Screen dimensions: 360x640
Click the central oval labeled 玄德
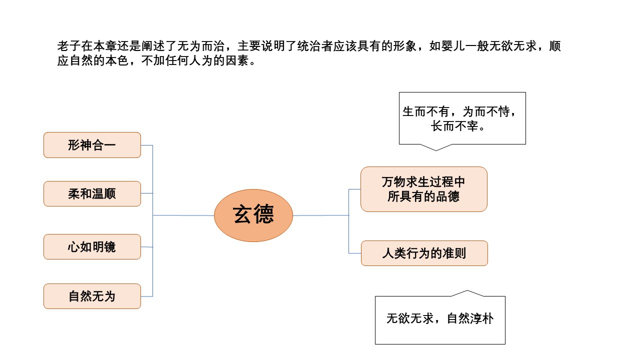(x=253, y=215)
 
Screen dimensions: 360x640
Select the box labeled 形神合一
(x=92, y=145)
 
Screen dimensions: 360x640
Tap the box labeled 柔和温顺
(x=92, y=193)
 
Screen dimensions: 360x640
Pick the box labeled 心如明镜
(x=92, y=246)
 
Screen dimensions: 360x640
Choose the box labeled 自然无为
(x=92, y=296)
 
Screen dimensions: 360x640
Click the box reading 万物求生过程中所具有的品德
(x=423, y=189)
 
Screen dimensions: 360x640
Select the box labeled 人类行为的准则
(x=424, y=253)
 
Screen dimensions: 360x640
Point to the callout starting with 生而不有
(x=462, y=118)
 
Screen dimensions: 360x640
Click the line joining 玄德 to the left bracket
(x=183, y=215)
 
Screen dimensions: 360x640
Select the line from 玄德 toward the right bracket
(x=320, y=215)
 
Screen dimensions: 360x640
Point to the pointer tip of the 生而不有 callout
(x=436, y=149)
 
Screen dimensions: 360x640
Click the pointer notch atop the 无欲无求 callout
(x=466, y=291)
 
